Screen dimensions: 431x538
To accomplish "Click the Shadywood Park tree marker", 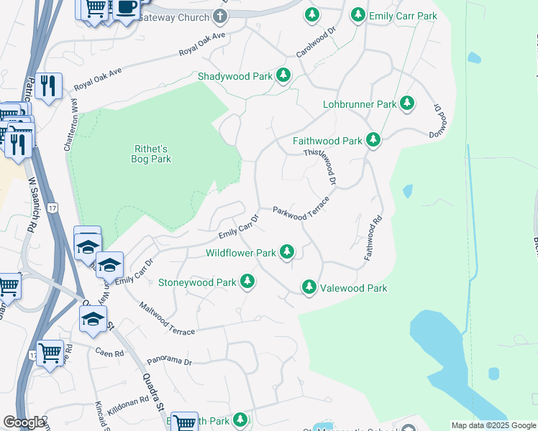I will click(x=283, y=75).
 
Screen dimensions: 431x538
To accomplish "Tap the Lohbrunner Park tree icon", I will click(x=407, y=103).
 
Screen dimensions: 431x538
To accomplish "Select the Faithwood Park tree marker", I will click(x=373, y=141).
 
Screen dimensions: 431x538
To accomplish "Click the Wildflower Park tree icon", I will click(x=287, y=252).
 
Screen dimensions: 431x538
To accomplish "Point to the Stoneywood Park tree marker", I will click(x=247, y=282).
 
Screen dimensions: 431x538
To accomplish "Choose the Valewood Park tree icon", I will click(x=309, y=287).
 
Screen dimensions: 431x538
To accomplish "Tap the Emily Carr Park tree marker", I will click(x=357, y=14).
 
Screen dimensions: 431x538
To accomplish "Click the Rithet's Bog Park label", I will click(x=152, y=154).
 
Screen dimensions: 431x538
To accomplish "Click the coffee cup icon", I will click(x=127, y=7).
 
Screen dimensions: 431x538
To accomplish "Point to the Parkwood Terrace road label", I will click(x=301, y=208).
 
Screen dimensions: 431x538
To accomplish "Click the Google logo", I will click(x=24, y=423).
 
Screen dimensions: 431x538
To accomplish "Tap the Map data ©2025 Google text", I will click(x=493, y=425).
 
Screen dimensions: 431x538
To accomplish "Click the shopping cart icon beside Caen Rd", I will click(x=50, y=352).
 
